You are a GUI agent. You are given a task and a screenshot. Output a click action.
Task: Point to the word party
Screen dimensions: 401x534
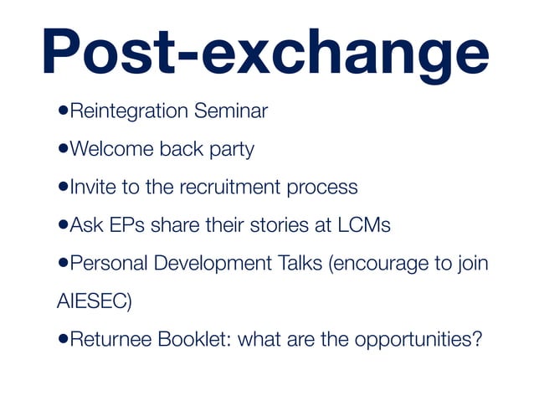pyautogui.click(x=230, y=151)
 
